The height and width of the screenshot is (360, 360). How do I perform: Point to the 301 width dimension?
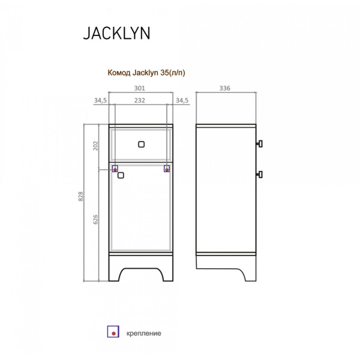click(x=140, y=88)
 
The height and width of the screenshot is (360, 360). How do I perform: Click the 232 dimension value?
click(x=140, y=100)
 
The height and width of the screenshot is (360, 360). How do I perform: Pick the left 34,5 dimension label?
click(x=100, y=100)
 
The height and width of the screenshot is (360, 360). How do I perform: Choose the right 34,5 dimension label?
click(x=182, y=100)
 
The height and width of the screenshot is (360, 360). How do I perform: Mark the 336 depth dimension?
click(x=226, y=88)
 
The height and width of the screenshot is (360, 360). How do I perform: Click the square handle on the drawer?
click(x=141, y=143)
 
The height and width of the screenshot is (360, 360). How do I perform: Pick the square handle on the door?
click(x=121, y=176)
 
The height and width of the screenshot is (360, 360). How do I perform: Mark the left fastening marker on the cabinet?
click(x=115, y=170)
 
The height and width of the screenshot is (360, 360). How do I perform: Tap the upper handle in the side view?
click(x=260, y=143)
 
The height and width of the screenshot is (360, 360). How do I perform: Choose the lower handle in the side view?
click(x=260, y=174)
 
